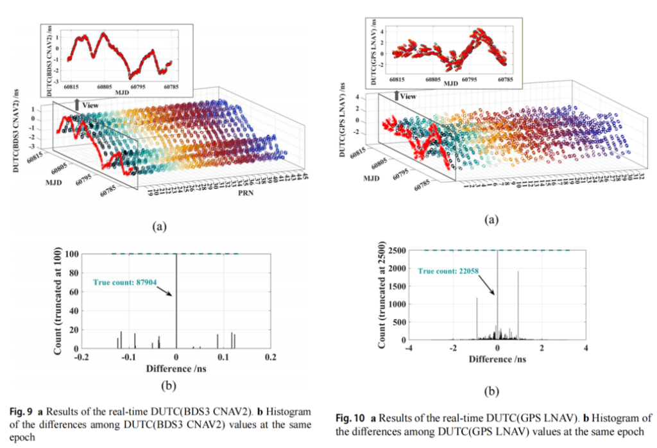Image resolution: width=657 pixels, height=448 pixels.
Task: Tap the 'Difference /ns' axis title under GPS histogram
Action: coord(498,359)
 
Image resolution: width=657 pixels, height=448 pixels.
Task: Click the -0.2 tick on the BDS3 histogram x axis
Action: coord(81,357)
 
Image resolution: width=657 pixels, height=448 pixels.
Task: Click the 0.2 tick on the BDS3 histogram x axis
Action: coord(271,357)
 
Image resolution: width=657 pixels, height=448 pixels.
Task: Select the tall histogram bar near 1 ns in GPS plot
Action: coord(518,305)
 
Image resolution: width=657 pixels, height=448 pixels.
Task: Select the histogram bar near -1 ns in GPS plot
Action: coord(477,318)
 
